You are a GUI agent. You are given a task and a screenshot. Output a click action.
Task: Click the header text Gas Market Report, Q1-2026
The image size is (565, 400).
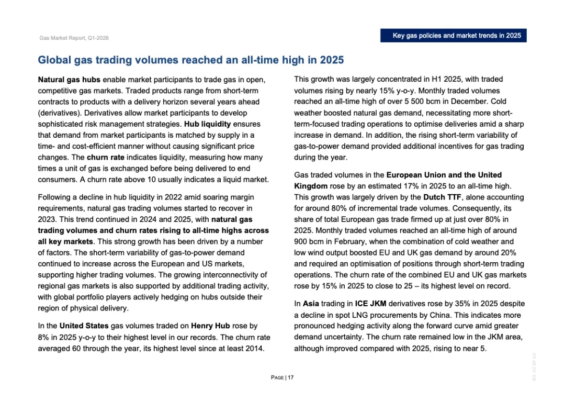coord(74,38)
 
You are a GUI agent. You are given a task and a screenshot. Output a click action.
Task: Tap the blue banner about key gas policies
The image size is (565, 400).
coord(457,36)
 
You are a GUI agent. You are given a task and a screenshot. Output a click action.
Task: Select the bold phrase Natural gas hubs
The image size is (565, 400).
coord(70,80)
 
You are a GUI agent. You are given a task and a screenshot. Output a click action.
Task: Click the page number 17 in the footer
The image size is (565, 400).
coord(290,377)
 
